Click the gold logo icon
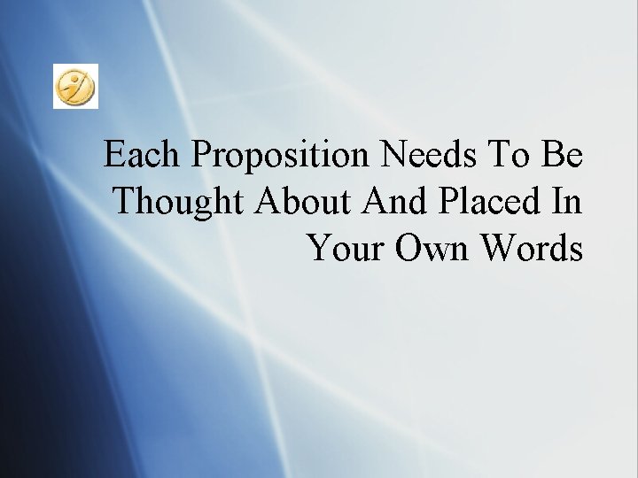click(x=75, y=86)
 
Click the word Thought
click(x=180, y=204)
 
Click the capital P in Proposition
click(x=203, y=155)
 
